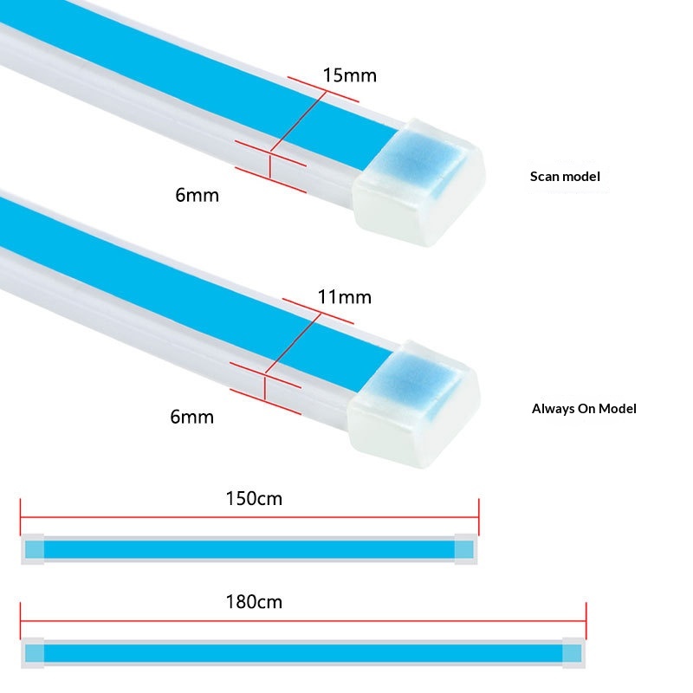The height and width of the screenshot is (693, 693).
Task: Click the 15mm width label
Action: point(350,75)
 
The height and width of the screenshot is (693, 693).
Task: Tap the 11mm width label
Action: point(344,297)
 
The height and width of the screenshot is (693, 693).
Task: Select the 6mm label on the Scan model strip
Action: point(198,195)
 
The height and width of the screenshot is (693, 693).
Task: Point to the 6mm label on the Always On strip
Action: point(191,417)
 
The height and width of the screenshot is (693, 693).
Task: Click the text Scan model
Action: point(565,177)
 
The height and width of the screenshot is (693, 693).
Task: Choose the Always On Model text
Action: point(584,409)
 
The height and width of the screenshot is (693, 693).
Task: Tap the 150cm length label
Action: point(254,499)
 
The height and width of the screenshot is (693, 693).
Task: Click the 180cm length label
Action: point(254,602)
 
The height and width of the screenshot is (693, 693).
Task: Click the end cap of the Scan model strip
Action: point(418,182)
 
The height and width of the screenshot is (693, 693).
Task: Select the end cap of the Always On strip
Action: point(414,404)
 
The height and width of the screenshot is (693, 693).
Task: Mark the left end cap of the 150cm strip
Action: point(33,549)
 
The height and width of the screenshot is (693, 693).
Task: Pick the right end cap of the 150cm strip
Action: point(466,549)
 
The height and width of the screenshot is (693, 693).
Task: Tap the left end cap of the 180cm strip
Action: point(33,653)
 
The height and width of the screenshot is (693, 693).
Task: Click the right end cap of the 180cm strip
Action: point(573,653)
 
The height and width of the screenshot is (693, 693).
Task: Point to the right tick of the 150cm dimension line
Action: point(479,517)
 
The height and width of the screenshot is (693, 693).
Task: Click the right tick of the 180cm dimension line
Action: point(586,620)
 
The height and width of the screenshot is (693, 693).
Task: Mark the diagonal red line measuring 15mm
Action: point(299,121)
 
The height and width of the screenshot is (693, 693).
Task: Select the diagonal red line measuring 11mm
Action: point(294,343)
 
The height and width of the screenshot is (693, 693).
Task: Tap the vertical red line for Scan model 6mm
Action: point(270,165)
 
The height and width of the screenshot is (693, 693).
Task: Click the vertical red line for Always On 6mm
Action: point(265,387)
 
